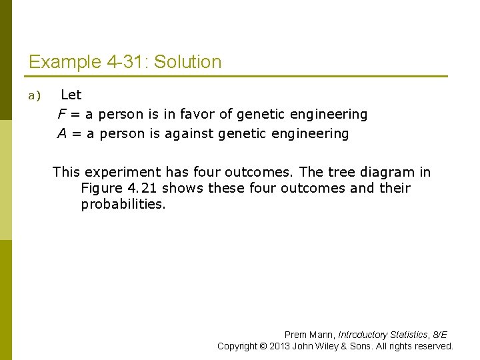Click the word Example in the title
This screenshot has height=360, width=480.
click(x=65, y=63)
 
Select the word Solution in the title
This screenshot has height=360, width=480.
click(x=188, y=63)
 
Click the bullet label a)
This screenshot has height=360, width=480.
click(x=34, y=96)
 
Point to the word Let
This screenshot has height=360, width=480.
click(x=71, y=95)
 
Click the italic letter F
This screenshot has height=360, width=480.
click(x=61, y=115)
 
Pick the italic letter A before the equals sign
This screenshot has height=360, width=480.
click(x=62, y=134)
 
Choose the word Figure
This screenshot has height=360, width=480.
click(x=102, y=188)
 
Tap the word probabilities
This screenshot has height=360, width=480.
click(x=123, y=204)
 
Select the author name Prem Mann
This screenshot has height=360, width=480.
click(x=309, y=335)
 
